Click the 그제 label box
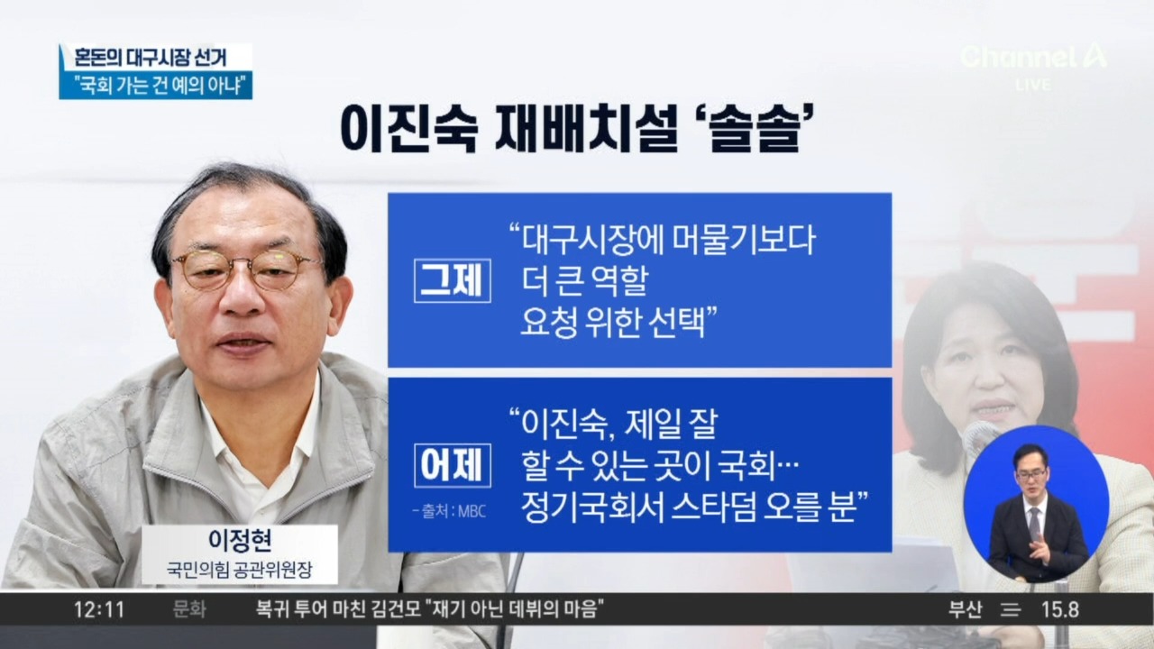tap(453, 281)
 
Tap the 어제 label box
tap(453, 466)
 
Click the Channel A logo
tap(1033, 58)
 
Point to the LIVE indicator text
tap(1033, 85)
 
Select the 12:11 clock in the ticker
tap(99, 609)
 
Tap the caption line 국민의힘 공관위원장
tap(239, 571)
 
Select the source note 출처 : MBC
tap(449, 511)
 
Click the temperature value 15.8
tap(1060, 609)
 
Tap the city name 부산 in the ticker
tap(964, 609)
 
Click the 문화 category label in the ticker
tap(189, 609)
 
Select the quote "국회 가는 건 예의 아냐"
tap(155, 86)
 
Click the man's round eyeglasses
tap(246, 269)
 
